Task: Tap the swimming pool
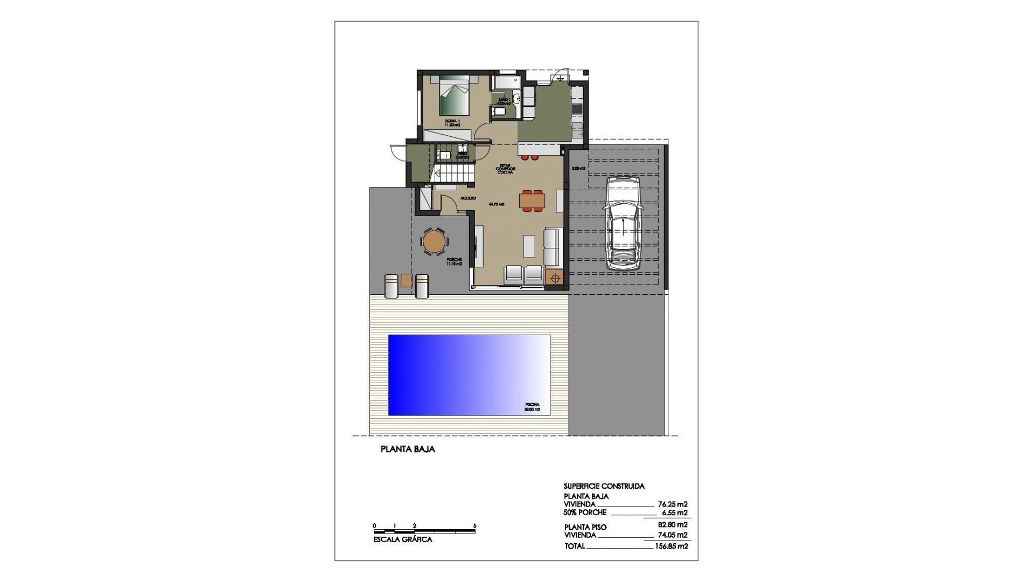[469, 375]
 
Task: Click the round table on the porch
[434, 242]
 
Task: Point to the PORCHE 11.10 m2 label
[453, 262]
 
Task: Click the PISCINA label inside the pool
[532, 407]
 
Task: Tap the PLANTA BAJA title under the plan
[408, 449]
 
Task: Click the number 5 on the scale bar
[474, 525]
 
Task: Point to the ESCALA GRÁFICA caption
[402, 539]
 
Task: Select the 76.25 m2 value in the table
[673, 504]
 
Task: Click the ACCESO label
[467, 198]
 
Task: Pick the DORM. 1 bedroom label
[451, 122]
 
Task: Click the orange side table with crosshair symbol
[554, 278]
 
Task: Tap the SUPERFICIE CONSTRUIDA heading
[604, 486]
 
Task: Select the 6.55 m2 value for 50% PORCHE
[675, 512]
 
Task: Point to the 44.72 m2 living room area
[496, 204]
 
